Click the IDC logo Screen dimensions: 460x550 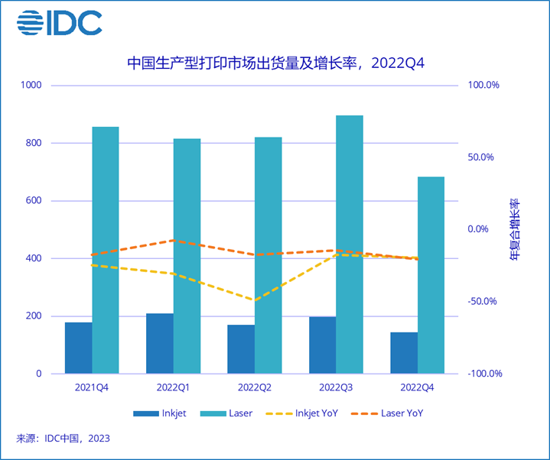(x=59, y=24)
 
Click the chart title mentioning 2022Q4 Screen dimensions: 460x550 (x=275, y=63)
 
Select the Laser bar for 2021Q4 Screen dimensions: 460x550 (x=106, y=250)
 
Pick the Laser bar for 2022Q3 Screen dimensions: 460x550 (x=349, y=245)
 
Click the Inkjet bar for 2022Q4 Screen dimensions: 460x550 (x=404, y=353)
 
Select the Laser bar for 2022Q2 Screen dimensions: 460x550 (x=268, y=255)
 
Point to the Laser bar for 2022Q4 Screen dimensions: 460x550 (x=431, y=275)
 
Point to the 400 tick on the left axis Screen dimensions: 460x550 (x=33, y=258)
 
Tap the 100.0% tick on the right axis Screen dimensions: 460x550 (x=483, y=85)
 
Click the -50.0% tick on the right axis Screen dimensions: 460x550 (x=483, y=301)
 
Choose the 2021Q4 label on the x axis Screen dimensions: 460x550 (x=92, y=387)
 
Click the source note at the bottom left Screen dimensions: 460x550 (x=63, y=439)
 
